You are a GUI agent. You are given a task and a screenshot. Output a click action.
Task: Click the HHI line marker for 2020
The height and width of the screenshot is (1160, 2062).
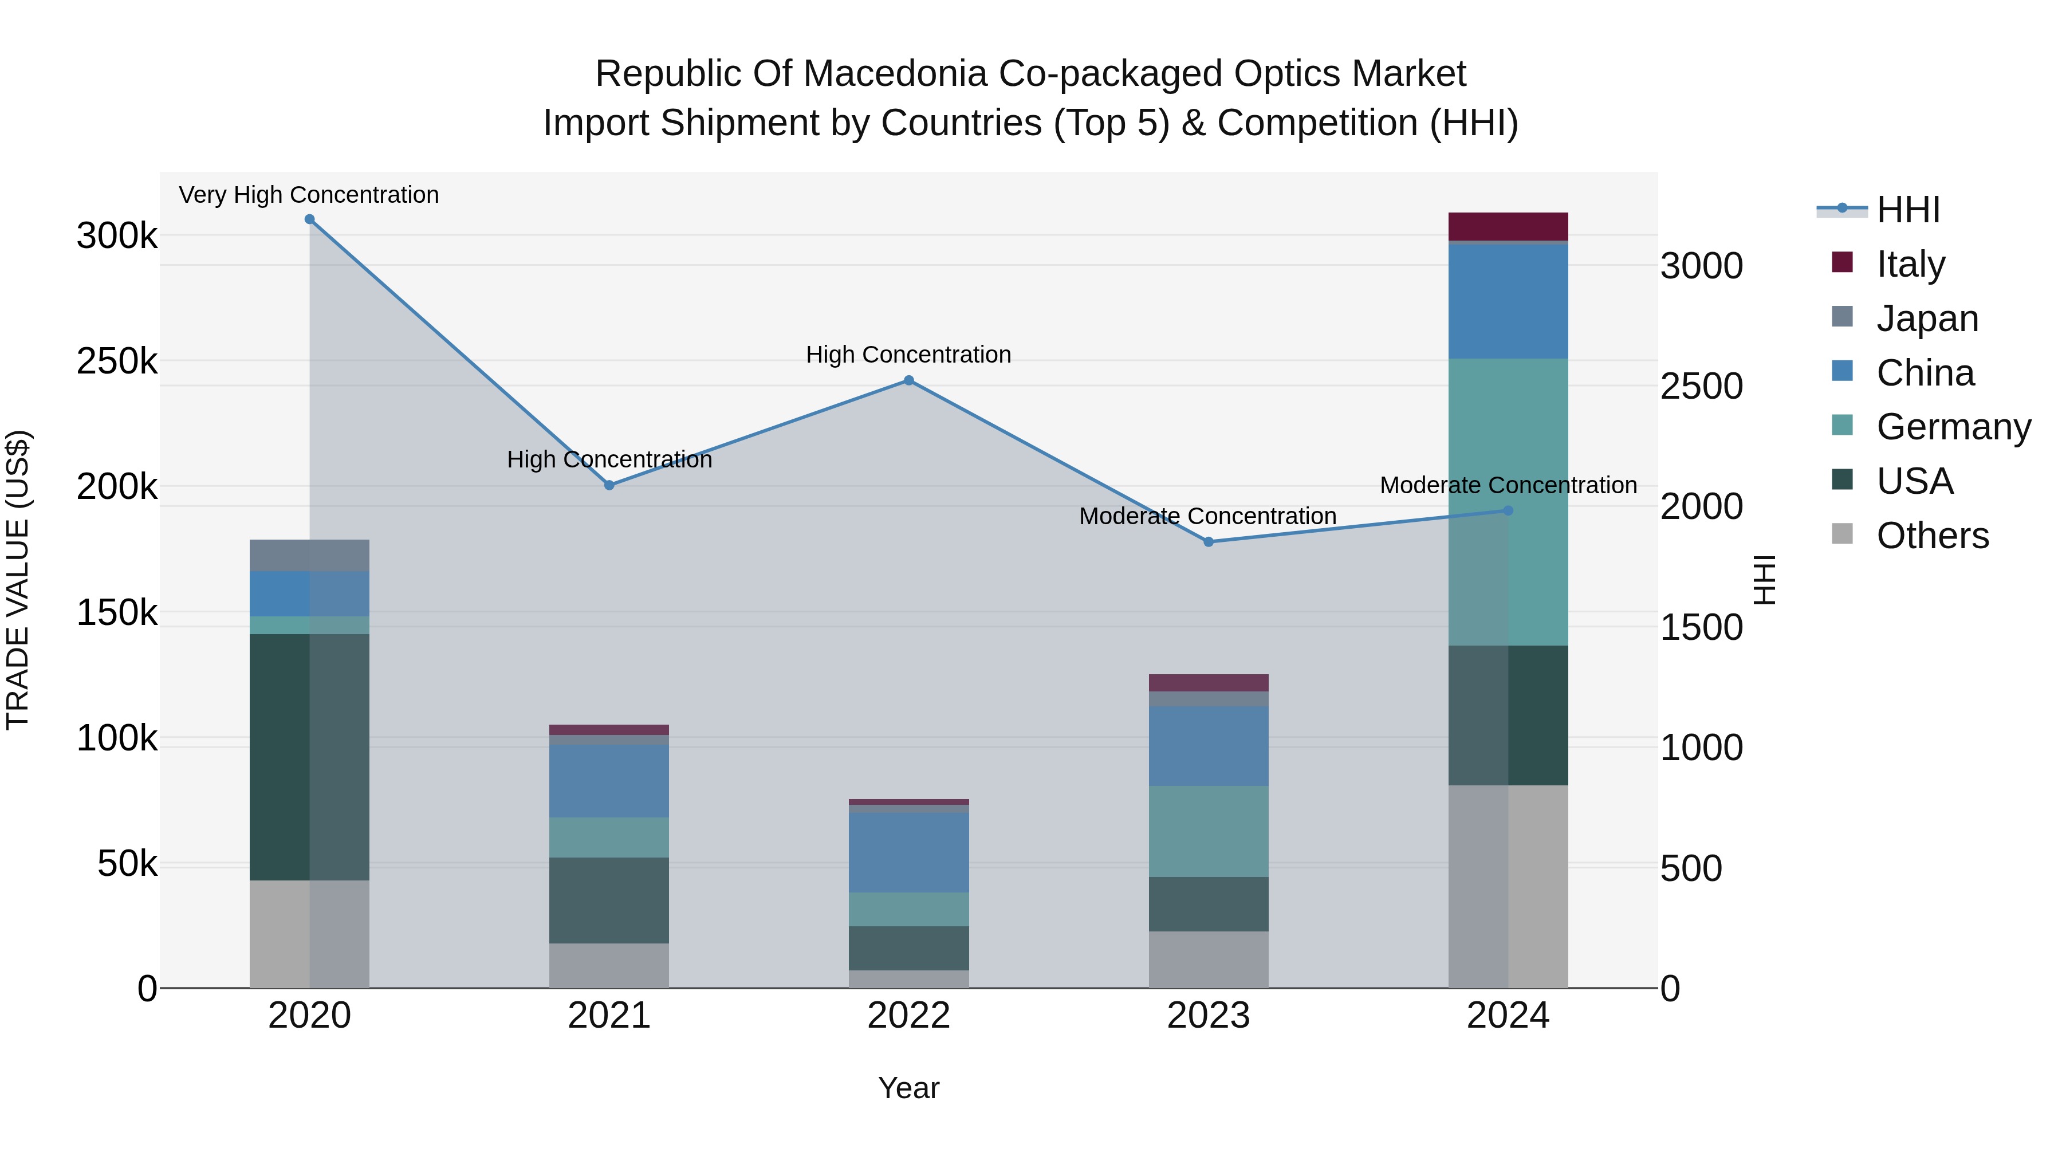coord(310,219)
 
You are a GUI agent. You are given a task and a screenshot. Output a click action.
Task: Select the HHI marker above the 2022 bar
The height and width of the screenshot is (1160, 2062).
coord(908,380)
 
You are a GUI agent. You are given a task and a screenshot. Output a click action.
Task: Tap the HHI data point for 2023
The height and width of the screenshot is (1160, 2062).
coord(1209,542)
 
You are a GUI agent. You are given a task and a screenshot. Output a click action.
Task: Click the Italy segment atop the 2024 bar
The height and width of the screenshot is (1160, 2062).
coord(1508,226)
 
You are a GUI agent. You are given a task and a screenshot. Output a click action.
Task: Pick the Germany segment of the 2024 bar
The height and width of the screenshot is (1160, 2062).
coord(1508,502)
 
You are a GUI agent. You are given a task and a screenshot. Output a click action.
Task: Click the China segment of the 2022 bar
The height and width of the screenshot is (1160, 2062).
coord(908,852)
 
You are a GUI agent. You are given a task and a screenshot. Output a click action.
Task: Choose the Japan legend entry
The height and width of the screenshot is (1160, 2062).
coord(1927,318)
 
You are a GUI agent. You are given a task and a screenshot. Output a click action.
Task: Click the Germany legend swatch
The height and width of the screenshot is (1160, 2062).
coord(1842,425)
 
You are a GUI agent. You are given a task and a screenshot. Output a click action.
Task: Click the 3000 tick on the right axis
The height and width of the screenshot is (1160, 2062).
coord(1701,266)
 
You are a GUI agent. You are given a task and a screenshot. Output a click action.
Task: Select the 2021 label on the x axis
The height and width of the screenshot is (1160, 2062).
coord(609,1016)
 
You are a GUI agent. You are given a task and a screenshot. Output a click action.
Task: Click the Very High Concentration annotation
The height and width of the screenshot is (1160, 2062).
coord(309,195)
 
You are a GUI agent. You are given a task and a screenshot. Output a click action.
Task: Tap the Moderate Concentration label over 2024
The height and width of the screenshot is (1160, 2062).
coord(1508,485)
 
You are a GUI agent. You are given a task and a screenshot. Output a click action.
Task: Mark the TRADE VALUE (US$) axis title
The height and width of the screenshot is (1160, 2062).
coord(18,580)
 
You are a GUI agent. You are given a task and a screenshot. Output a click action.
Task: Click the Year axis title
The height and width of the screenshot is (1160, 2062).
coord(908,1088)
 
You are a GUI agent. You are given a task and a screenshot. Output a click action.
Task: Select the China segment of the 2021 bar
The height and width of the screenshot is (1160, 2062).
coord(609,781)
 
